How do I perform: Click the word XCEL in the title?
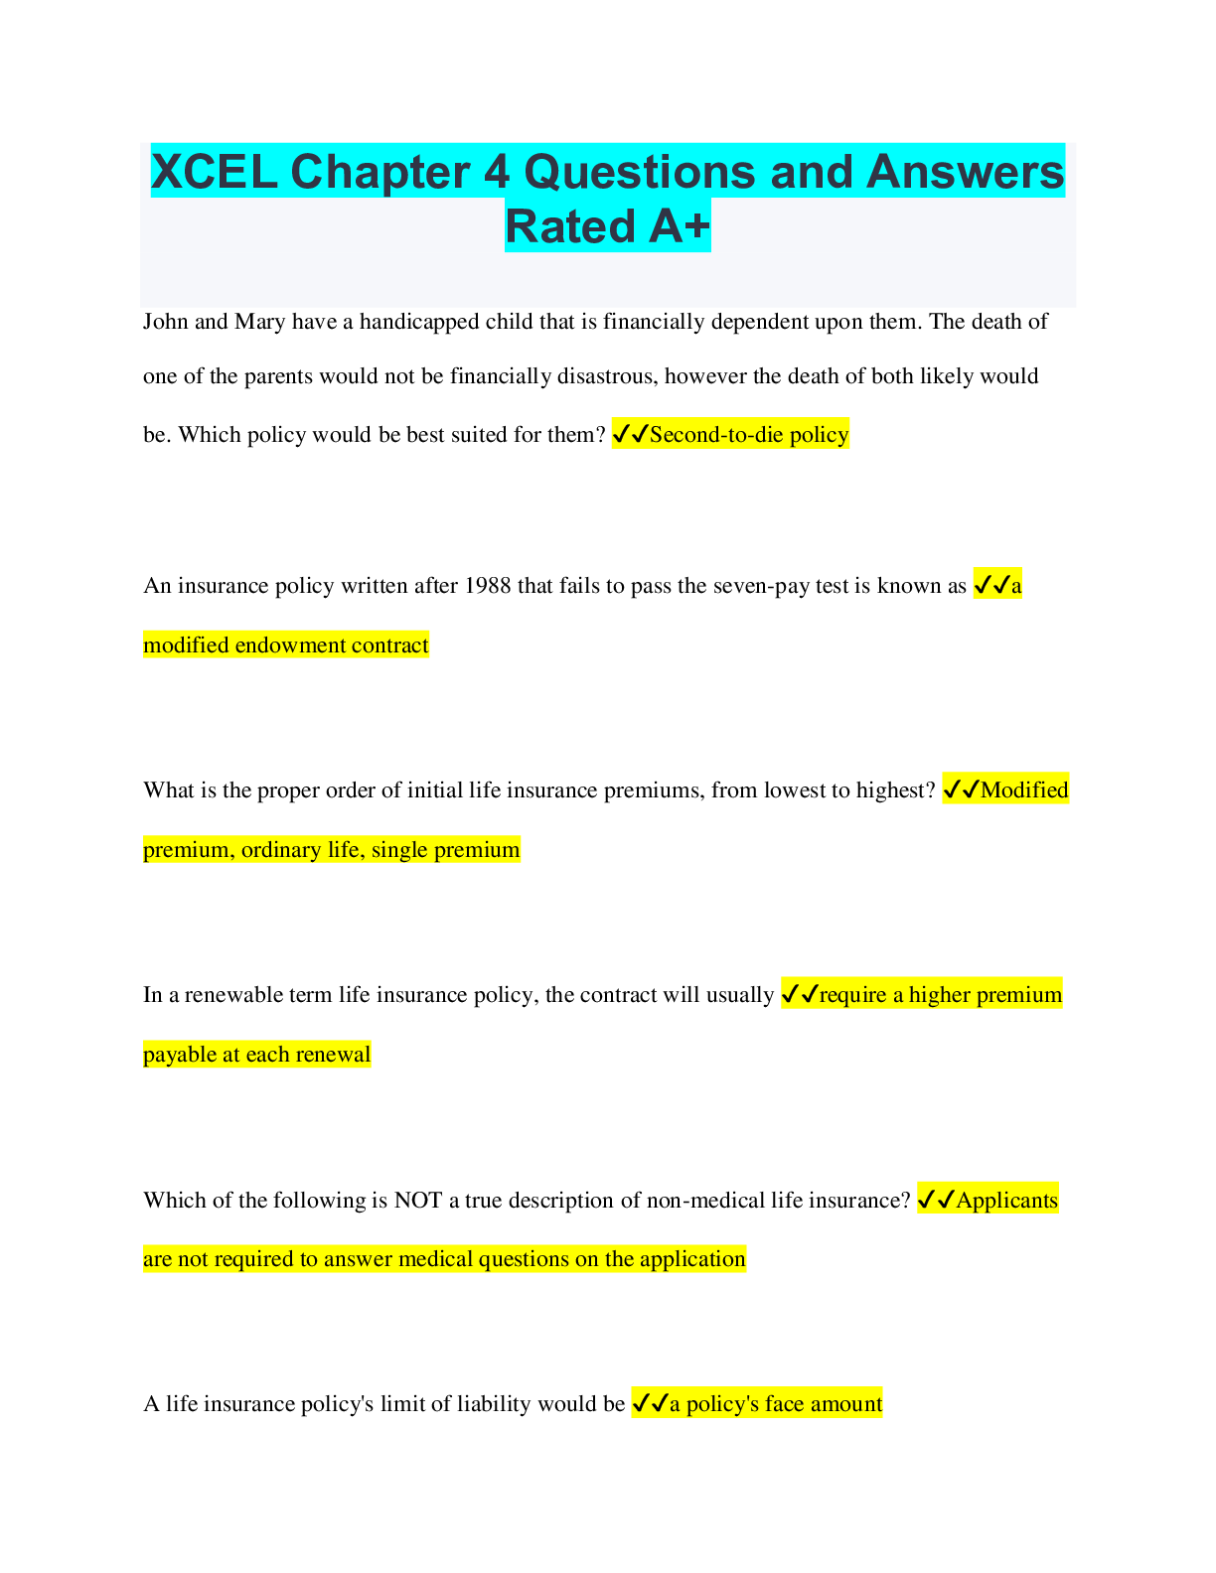[214, 171]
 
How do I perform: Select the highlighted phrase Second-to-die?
[716, 435]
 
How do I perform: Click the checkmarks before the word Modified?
[961, 790]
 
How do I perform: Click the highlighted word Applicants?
[1006, 1201]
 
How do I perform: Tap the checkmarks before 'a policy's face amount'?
[650, 1404]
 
